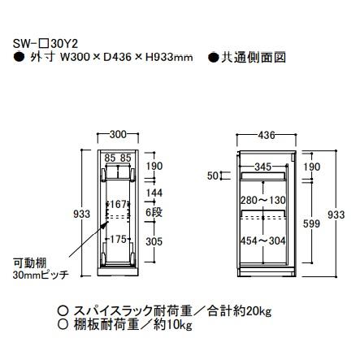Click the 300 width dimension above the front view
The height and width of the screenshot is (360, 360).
point(118,133)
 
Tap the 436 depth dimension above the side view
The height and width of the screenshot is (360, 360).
point(266,133)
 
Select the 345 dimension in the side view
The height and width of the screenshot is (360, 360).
point(262,166)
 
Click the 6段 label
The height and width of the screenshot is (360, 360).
point(154,210)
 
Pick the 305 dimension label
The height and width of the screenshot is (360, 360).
point(154,241)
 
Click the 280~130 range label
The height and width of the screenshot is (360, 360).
point(262,199)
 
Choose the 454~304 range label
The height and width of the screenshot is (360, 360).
point(262,241)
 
